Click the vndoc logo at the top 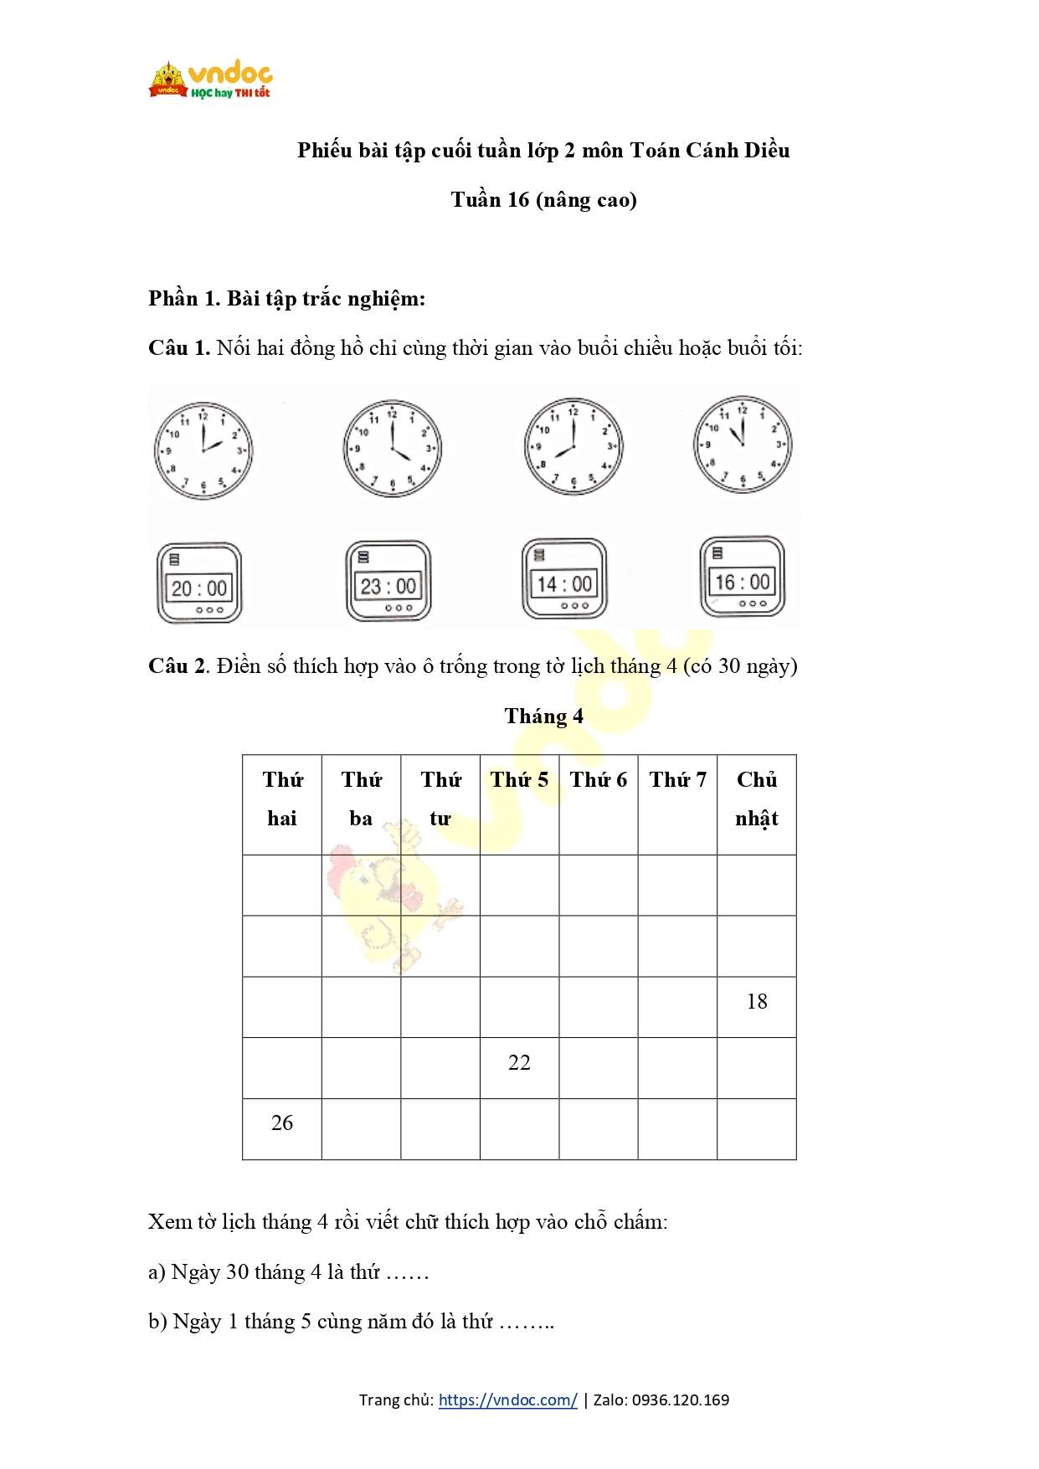pyautogui.click(x=211, y=80)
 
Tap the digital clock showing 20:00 pyautogui.click(x=199, y=583)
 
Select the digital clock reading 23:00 pyautogui.click(x=388, y=582)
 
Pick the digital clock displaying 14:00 pyautogui.click(x=564, y=579)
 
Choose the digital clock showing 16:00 pyautogui.click(x=742, y=578)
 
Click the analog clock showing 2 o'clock pyautogui.click(x=203, y=450)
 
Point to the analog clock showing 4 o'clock pyautogui.click(x=392, y=448)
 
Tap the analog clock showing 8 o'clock pyautogui.click(x=574, y=446)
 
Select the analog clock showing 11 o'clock pyautogui.click(x=742, y=444)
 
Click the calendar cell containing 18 pyautogui.click(x=757, y=1002)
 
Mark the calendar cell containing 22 pyautogui.click(x=519, y=1063)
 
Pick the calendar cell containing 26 pyautogui.click(x=282, y=1123)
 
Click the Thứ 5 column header pyautogui.click(x=519, y=780)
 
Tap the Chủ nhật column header pyautogui.click(x=757, y=799)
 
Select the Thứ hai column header pyautogui.click(x=282, y=799)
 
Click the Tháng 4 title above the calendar pyautogui.click(x=543, y=717)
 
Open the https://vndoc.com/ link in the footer pyautogui.click(x=507, y=1400)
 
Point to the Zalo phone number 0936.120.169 pyautogui.click(x=680, y=1400)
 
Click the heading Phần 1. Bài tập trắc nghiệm pyautogui.click(x=287, y=299)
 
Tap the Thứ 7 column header pyautogui.click(x=677, y=780)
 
